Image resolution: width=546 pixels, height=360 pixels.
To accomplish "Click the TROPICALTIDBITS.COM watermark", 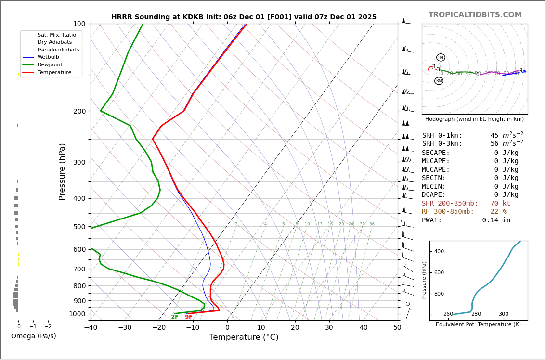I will (x=475, y=15).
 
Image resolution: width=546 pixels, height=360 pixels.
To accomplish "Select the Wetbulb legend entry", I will (x=48, y=57).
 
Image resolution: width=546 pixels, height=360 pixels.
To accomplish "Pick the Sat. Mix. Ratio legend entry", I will (x=56, y=35).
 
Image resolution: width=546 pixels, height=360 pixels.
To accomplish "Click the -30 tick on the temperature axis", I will (x=125, y=328).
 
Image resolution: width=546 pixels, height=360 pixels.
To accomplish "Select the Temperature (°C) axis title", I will (x=244, y=337).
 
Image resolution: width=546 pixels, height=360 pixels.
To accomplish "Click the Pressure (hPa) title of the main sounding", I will (x=62, y=171).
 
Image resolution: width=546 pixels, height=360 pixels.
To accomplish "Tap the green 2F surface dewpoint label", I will (x=175, y=317).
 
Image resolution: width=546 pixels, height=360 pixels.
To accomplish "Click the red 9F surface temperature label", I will (x=189, y=317).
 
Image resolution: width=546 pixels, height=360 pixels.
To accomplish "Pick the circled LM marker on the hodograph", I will (x=441, y=58).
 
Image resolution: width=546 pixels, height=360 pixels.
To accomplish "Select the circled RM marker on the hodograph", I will (x=439, y=81).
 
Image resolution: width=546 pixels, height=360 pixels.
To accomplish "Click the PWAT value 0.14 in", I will (x=496, y=220).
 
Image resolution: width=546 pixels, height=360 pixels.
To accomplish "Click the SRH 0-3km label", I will (x=442, y=144).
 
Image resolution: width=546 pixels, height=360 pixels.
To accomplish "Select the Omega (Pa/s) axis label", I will (x=33, y=336).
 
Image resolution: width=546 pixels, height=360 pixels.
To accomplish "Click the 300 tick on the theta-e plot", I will (x=503, y=314).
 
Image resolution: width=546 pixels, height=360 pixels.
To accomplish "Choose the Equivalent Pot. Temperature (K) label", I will (x=478, y=325).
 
